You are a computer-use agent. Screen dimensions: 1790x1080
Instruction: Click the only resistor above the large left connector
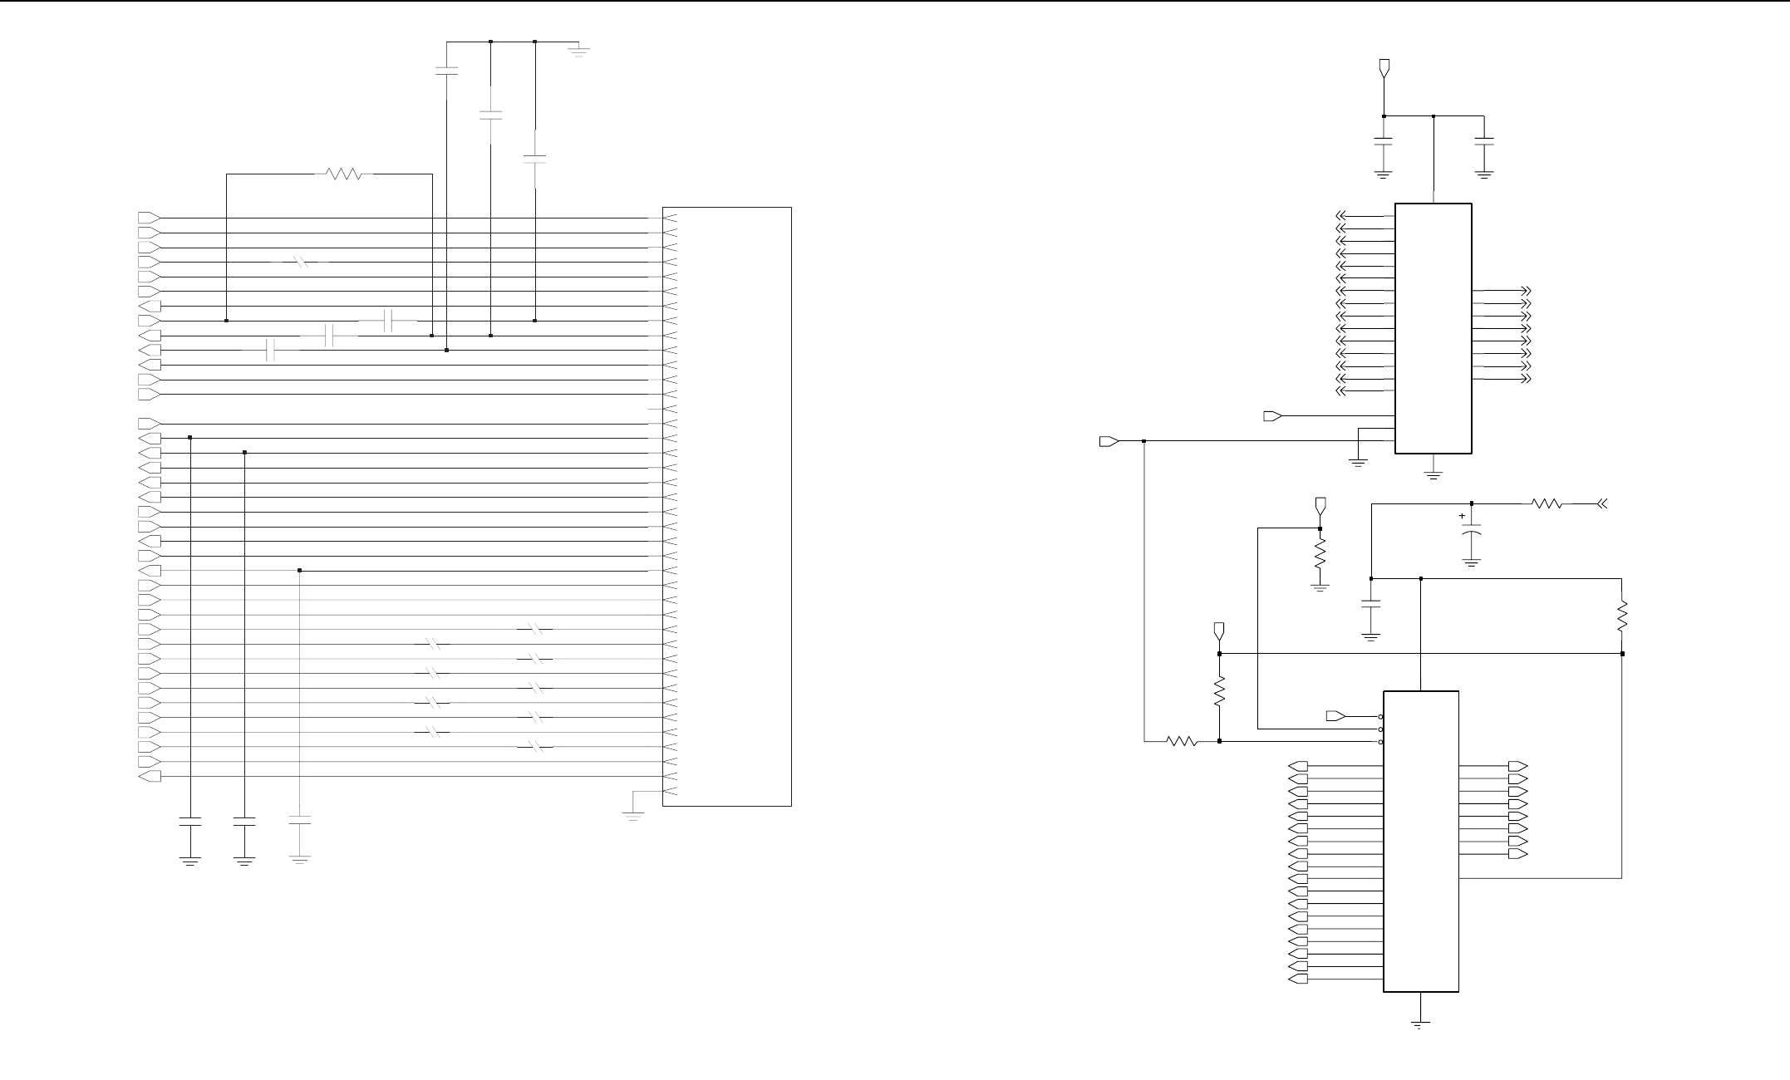(x=343, y=174)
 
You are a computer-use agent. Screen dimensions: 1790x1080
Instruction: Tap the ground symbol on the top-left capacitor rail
(x=578, y=50)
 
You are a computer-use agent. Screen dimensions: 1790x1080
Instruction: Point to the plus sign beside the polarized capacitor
(x=1462, y=516)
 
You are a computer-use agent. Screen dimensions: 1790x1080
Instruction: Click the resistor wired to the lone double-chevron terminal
(x=1547, y=503)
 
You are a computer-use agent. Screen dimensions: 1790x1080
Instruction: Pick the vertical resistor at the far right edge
(x=1622, y=617)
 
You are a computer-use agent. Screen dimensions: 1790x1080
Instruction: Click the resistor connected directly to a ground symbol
(x=1320, y=554)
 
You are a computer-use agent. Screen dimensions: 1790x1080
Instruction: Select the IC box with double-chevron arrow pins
(x=1433, y=328)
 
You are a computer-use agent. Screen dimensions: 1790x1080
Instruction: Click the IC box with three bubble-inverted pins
(x=1421, y=841)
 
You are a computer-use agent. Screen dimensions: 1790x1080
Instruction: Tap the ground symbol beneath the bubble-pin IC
(x=1421, y=1024)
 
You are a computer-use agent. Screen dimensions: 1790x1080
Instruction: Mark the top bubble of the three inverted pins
(x=1380, y=717)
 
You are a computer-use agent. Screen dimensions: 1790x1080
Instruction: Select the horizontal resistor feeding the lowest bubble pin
(x=1182, y=741)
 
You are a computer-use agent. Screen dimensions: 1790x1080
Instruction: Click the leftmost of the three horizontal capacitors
(x=269, y=351)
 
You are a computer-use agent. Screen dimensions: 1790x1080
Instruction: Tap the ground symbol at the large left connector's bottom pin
(x=633, y=816)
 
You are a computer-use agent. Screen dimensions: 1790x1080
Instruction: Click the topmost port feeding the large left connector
(x=149, y=218)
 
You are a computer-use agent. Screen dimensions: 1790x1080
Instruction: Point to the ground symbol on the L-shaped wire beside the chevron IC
(x=1358, y=462)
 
